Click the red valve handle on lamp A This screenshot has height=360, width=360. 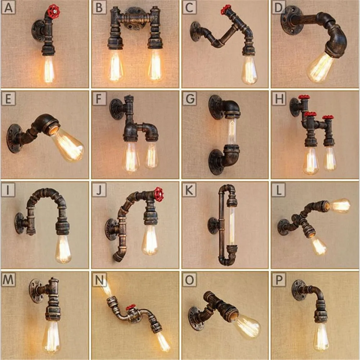tap(53, 11)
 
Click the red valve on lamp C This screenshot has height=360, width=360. tap(226, 9)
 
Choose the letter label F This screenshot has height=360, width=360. tap(99, 99)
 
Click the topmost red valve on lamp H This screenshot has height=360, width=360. tap(304, 98)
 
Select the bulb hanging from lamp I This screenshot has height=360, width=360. tap(63, 248)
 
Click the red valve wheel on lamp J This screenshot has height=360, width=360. tap(159, 194)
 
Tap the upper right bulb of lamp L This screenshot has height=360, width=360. tap(340, 206)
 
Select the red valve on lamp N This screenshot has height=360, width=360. tap(131, 307)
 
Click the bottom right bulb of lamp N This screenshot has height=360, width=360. tap(163, 341)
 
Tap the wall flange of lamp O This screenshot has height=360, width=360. tap(196, 318)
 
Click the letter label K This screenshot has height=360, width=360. tap(189, 189)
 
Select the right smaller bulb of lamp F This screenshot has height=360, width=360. tap(152, 155)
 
